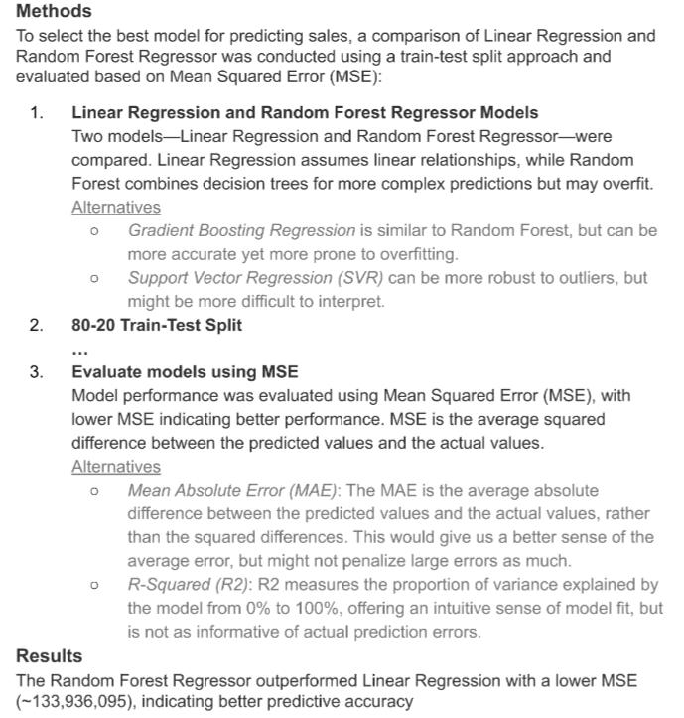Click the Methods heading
pos(54,12)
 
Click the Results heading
pos(50,656)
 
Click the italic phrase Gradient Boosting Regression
pos(241,230)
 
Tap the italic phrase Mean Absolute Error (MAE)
pos(234,490)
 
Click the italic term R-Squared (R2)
pos(189,585)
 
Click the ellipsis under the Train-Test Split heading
pos(80,349)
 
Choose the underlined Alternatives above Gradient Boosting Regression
pos(116,208)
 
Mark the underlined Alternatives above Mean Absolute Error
pos(116,467)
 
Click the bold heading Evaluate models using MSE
pos(185,373)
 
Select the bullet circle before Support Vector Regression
pos(93,278)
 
